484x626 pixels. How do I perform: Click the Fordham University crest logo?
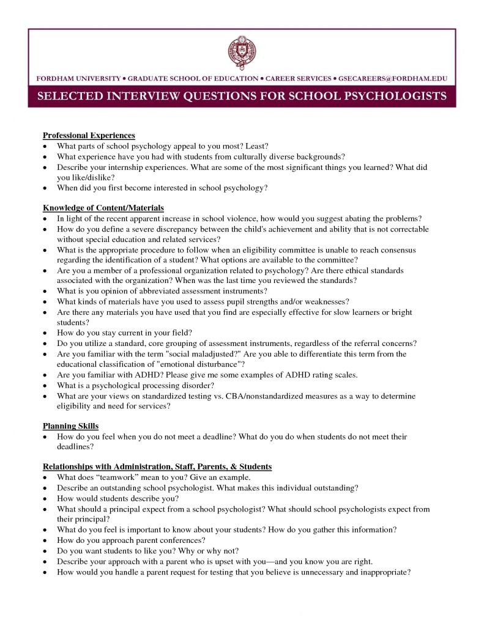pyautogui.click(x=240, y=53)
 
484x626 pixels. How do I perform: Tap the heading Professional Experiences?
pyautogui.click(x=89, y=135)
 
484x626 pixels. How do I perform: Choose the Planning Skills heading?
pyautogui.click(x=70, y=426)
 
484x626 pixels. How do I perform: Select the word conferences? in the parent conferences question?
pyautogui.click(x=177, y=540)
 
